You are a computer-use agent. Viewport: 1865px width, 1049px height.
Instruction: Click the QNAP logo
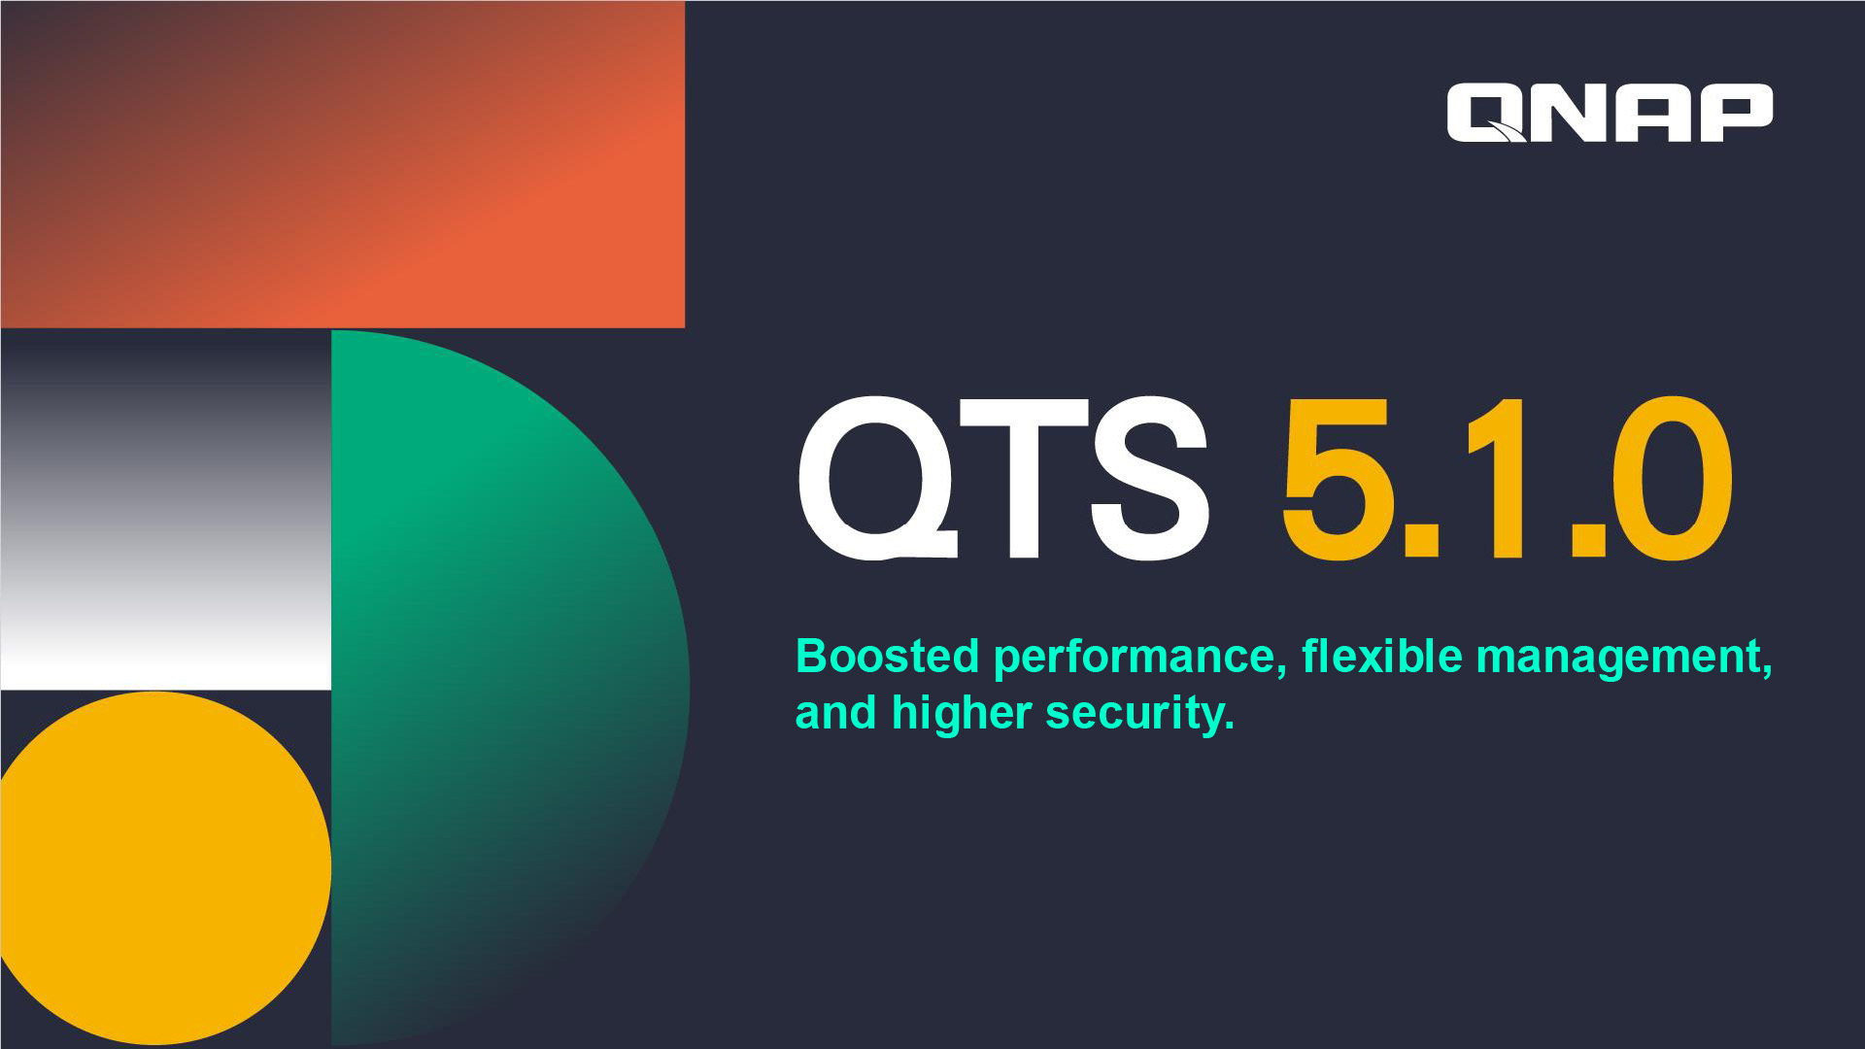pyautogui.click(x=1610, y=113)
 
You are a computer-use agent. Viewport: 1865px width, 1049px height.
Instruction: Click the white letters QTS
pyautogui.click(x=1003, y=478)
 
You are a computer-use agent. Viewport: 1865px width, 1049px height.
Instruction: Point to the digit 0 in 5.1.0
pyautogui.click(x=1672, y=478)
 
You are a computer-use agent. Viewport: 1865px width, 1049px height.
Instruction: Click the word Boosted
pyautogui.click(x=887, y=656)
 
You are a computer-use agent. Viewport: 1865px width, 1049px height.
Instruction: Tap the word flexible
pyautogui.click(x=1381, y=656)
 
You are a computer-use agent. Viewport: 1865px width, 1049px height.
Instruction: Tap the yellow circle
pyautogui.click(x=164, y=868)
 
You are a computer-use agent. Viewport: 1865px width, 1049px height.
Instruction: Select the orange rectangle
pyautogui.click(x=342, y=164)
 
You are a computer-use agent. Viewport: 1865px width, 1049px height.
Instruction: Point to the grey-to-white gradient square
pyautogui.click(x=165, y=509)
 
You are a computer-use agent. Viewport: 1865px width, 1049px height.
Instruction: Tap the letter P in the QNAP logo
pyautogui.click(x=1732, y=113)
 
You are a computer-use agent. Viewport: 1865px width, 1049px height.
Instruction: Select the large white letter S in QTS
pyautogui.click(x=1150, y=478)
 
